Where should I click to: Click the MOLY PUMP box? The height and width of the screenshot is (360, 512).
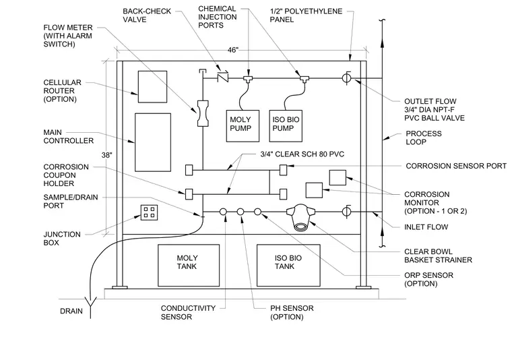click(x=243, y=126)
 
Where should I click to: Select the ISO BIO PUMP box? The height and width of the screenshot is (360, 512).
click(x=286, y=126)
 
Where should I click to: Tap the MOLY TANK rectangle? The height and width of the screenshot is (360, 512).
click(x=189, y=265)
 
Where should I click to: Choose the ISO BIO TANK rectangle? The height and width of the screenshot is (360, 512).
click(x=288, y=265)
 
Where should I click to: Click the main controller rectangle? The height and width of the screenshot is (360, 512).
click(x=153, y=142)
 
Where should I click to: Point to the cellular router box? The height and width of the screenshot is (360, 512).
click(x=152, y=86)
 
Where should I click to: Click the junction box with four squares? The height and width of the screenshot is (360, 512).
click(x=150, y=212)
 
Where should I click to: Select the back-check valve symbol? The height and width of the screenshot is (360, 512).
click(x=223, y=77)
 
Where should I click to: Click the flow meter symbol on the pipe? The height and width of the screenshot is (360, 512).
click(x=203, y=113)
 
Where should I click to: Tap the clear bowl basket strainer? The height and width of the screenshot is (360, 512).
click(x=300, y=217)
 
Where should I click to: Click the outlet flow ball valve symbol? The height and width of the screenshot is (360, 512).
click(x=346, y=78)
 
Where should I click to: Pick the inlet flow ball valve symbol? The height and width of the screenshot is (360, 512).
click(x=346, y=212)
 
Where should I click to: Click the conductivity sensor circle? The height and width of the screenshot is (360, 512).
click(x=223, y=212)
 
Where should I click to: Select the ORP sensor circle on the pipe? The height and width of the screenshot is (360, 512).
click(x=257, y=212)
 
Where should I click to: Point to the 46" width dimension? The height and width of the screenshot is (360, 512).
click(x=233, y=50)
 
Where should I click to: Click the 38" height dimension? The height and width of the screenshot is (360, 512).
click(x=106, y=155)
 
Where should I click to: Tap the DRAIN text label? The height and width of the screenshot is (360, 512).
click(x=71, y=311)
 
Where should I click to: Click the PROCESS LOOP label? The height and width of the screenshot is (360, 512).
click(x=424, y=138)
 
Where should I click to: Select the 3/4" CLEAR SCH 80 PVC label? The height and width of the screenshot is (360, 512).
click(x=302, y=154)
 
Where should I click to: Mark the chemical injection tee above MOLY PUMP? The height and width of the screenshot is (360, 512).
click(x=248, y=79)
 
